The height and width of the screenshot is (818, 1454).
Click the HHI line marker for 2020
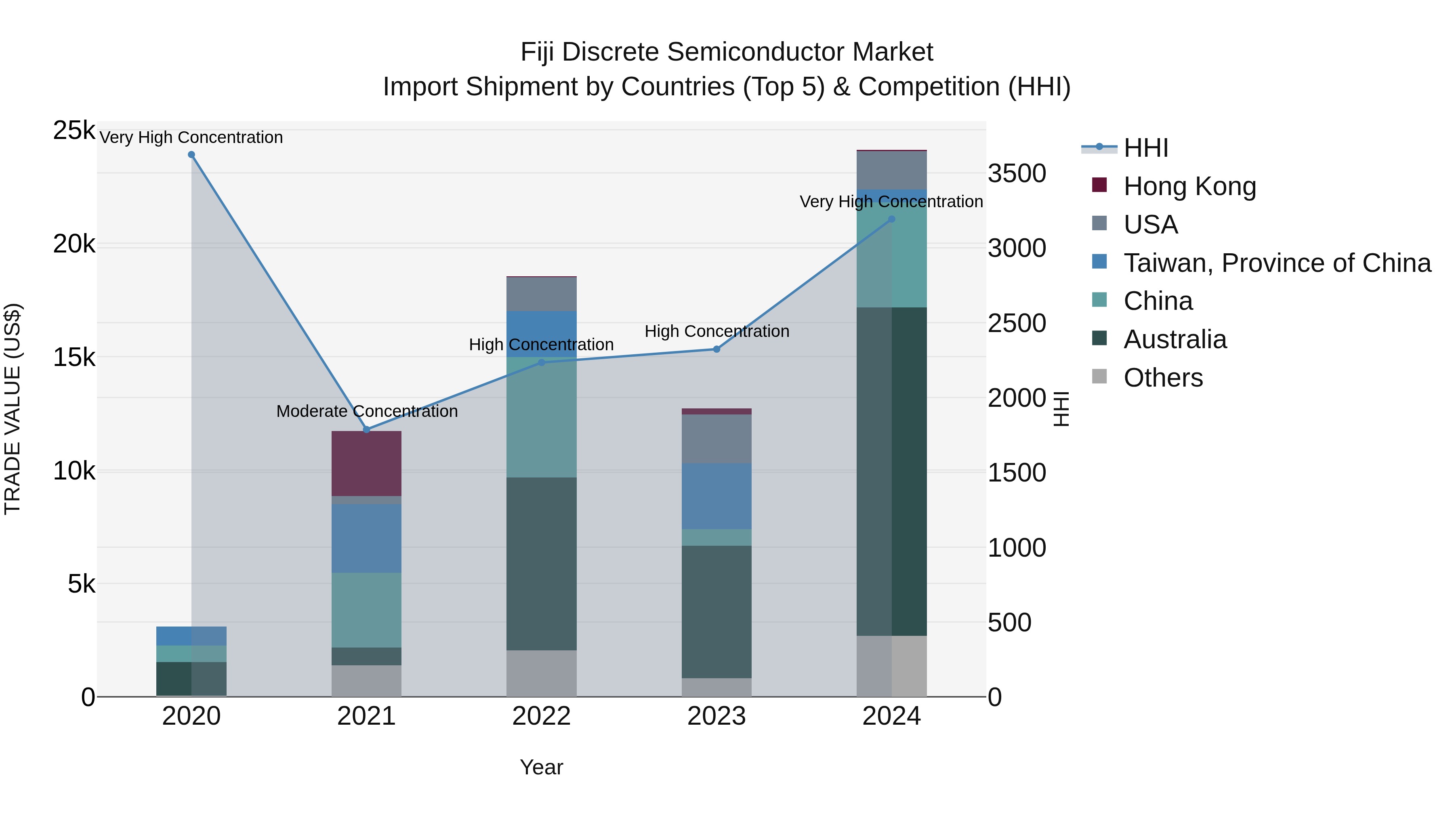[x=191, y=155]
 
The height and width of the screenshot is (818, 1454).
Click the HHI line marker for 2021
[x=366, y=430]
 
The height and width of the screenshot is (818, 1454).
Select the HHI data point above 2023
[x=717, y=349]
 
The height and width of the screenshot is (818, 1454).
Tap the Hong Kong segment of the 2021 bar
[x=366, y=463]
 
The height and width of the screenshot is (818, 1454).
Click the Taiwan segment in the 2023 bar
[x=717, y=496]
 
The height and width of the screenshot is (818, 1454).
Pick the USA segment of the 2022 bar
[x=541, y=294]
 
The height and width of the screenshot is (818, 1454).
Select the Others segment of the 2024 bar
[x=892, y=666]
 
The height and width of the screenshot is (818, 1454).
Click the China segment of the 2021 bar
[x=366, y=610]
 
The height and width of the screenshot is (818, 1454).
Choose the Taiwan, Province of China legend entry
[x=1277, y=263]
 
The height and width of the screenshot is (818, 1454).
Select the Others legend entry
[x=1163, y=378]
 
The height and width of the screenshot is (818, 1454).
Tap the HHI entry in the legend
[x=1146, y=148]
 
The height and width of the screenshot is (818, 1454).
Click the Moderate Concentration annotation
[x=367, y=411]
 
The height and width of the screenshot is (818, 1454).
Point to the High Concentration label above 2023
[x=717, y=331]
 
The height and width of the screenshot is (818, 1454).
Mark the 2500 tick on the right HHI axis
[x=1017, y=323]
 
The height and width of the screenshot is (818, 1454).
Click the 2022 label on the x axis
[x=541, y=716]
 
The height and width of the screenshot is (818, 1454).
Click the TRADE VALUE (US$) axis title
[x=13, y=409]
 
